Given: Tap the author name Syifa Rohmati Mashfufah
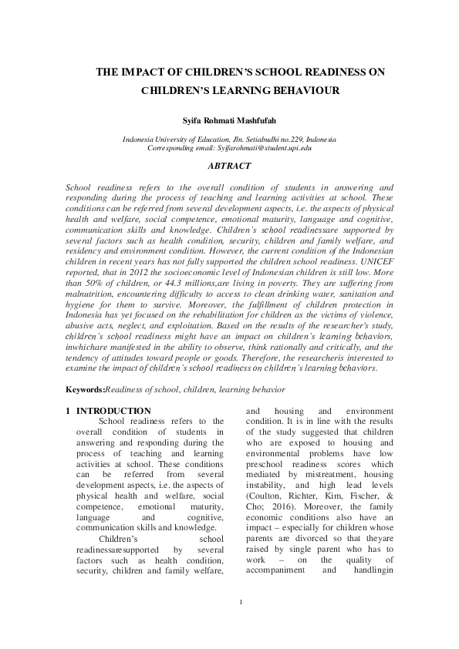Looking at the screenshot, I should (229, 121).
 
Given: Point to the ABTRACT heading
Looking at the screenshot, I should (229, 166).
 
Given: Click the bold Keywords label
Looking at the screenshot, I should (85, 391).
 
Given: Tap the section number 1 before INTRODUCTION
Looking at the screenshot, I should (69, 412).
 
